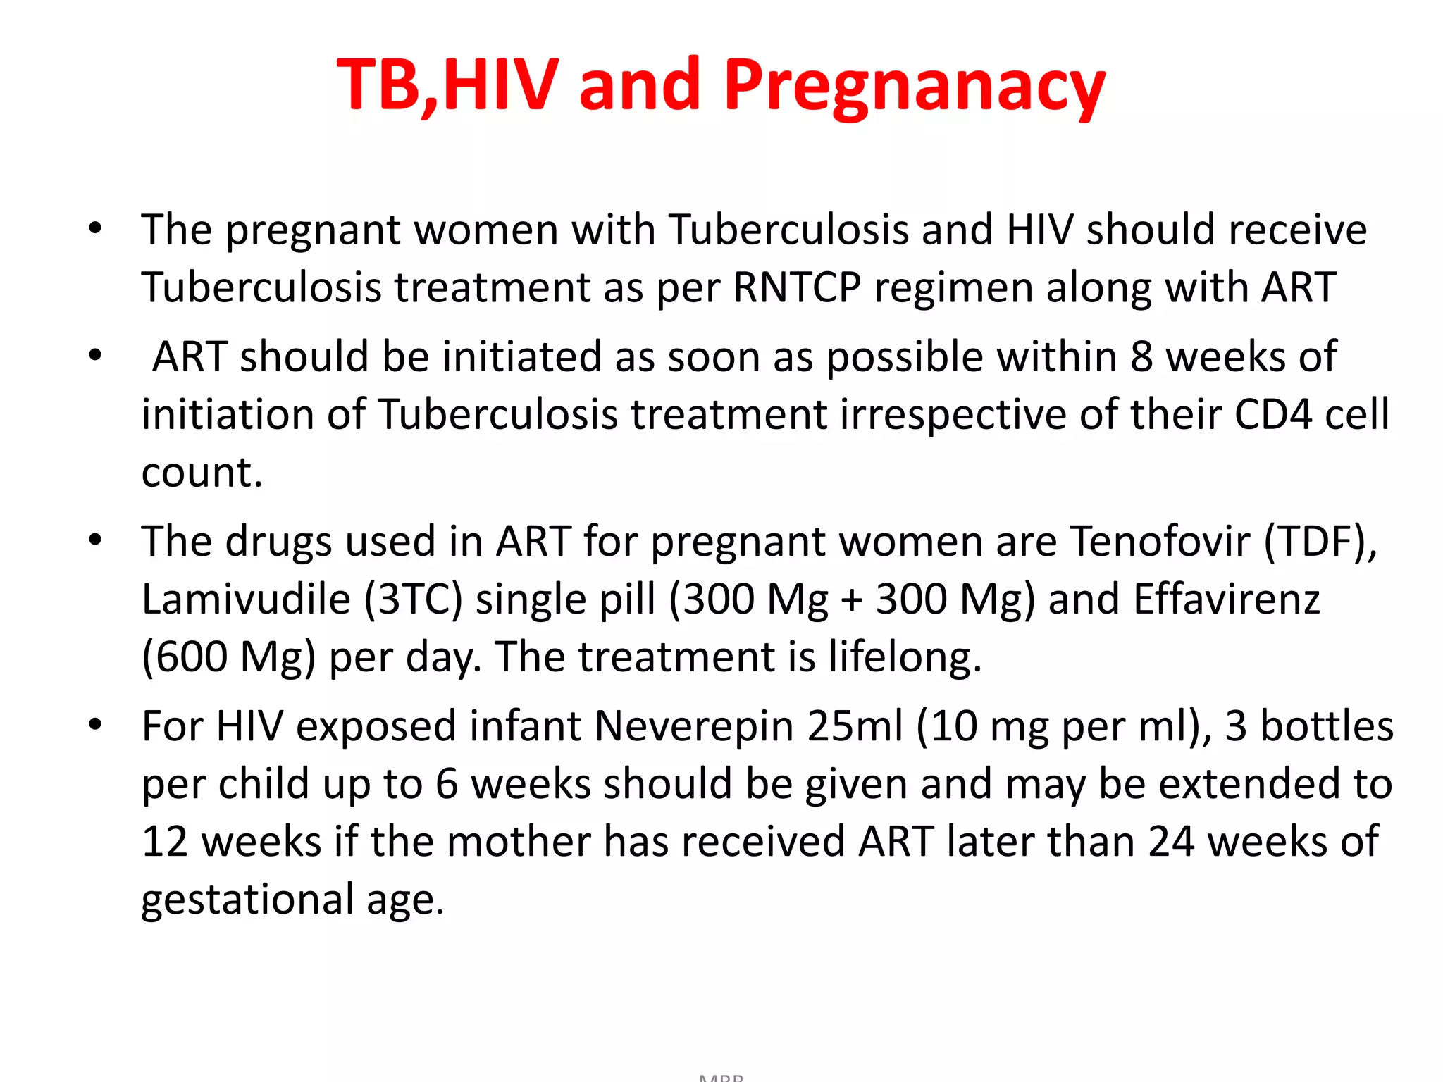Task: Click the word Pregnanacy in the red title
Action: coord(914,86)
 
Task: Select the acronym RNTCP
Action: coord(797,287)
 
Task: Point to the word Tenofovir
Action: coord(1160,542)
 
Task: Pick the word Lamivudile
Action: coord(246,599)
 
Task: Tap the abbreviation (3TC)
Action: coord(413,599)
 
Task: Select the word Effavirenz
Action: coord(1227,599)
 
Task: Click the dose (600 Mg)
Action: coord(228,657)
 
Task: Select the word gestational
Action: coord(247,900)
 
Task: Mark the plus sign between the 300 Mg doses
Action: coord(852,601)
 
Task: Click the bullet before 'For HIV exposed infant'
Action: coord(96,725)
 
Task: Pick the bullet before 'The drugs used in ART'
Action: coord(96,540)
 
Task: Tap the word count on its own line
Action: coord(202,473)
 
